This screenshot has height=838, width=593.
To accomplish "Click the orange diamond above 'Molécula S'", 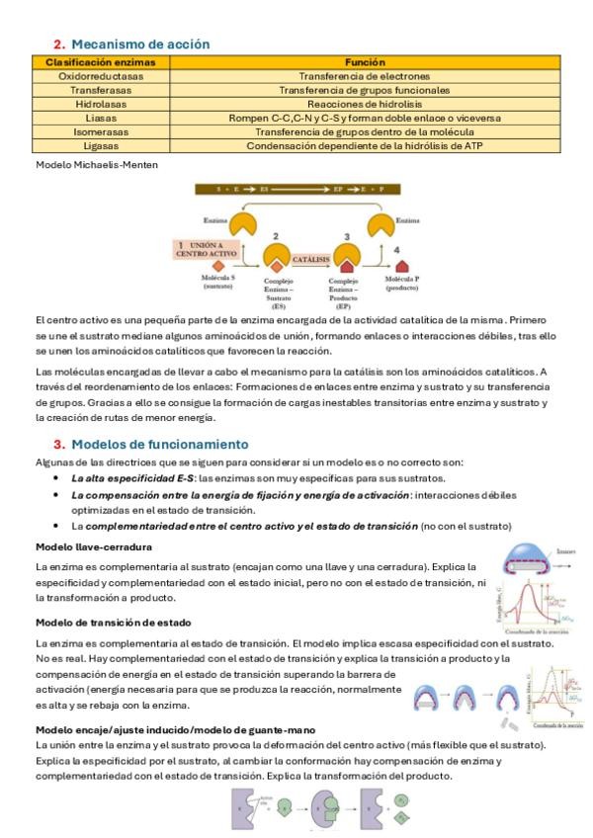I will [x=217, y=266].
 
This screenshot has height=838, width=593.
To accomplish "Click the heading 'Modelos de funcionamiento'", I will [x=158, y=445].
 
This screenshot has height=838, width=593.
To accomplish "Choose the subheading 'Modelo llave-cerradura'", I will [x=93, y=546].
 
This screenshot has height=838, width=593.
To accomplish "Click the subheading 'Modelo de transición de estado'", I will [x=113, y=622].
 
